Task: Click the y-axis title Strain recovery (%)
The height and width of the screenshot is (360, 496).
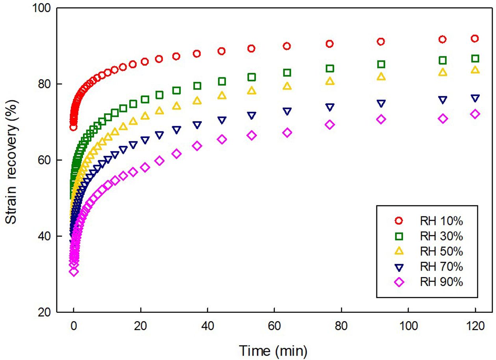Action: tap(13, 161)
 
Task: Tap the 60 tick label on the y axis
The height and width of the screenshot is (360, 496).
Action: tap(46, 160)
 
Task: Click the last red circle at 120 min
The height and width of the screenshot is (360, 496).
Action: tap(475, 39)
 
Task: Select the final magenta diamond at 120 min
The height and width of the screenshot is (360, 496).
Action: tap(475, 114)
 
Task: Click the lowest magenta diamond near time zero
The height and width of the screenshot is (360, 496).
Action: tap(74, 271)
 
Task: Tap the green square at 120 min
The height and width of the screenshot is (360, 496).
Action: tap(475, 59)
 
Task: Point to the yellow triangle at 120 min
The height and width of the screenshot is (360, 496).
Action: tap(475, 70)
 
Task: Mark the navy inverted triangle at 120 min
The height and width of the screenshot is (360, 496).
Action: tap(475, 98)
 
